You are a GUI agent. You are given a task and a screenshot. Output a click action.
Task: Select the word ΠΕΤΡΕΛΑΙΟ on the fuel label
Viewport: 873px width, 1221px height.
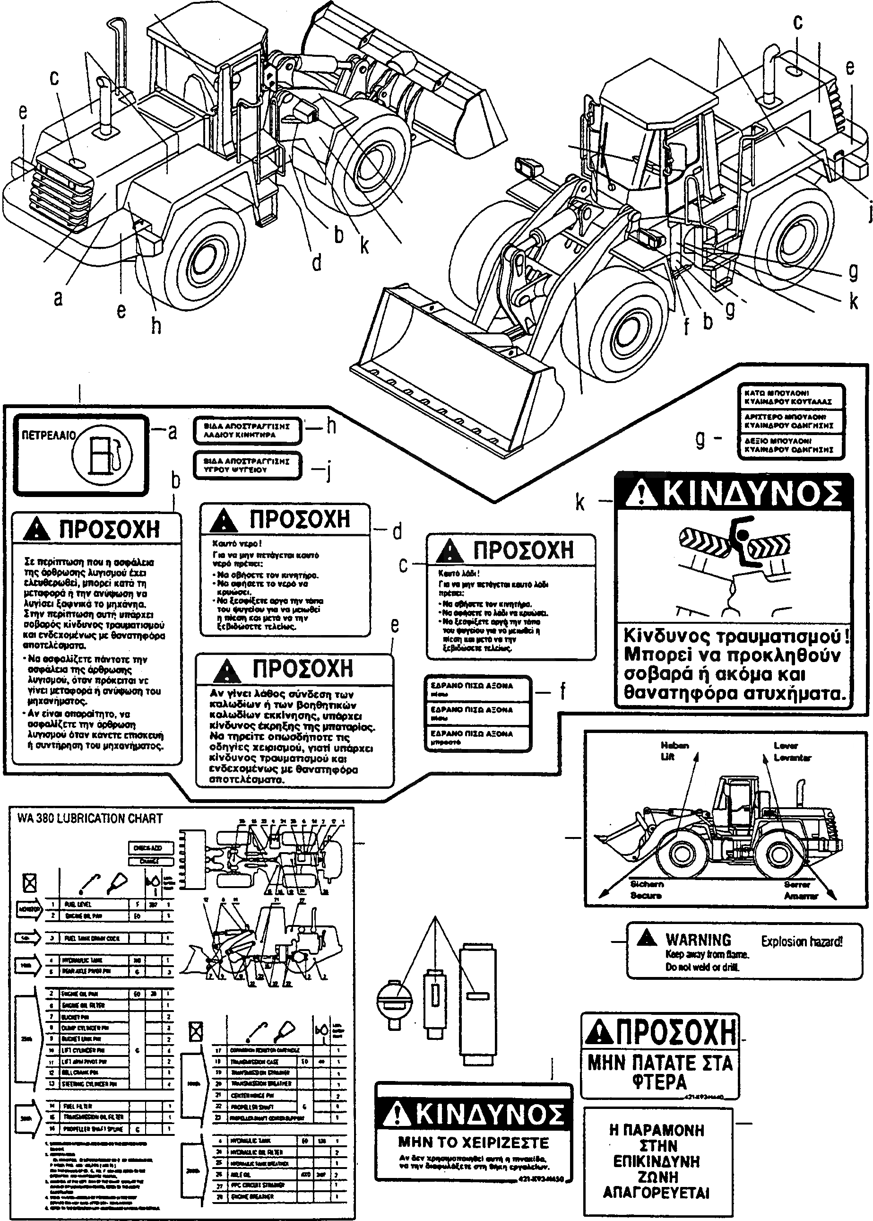(x=48, y=435)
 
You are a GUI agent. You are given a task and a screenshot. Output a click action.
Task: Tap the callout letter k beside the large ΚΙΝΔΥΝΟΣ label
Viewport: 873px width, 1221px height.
(x=580, y=502)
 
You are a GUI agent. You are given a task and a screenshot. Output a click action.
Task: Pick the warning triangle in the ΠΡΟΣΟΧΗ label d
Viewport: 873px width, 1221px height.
(x=223, y=521)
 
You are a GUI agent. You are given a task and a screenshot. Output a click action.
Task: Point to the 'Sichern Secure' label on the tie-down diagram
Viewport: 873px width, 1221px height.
(x=646, y=889)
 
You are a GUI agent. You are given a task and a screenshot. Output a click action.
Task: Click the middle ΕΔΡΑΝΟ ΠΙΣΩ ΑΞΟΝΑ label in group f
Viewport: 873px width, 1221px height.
(x=477, y=713)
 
